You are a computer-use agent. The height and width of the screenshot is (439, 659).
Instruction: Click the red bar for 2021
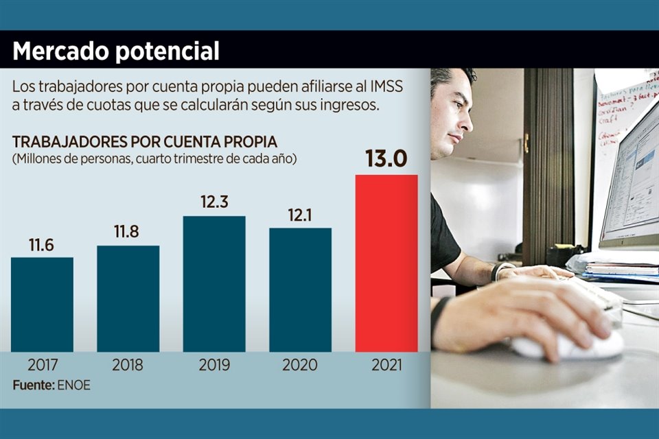pyautogui.click(x=386, y=263)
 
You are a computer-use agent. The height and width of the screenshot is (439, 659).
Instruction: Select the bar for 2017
pyautogui.click(x=42, y=305)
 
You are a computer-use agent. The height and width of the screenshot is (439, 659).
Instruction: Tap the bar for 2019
pyautogui.click(x=213, y=284)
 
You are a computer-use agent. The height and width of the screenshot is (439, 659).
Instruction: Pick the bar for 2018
pyautogui.click(x=128, y=298)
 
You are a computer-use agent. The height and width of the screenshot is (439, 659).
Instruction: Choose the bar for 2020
pyautogui.click(x=300, y=289)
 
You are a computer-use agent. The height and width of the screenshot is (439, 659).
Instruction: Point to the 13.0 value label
pyautogui.click(x=386, y=159)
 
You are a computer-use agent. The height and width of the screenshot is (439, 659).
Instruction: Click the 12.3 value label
pyautogui.click(x=213, y=203)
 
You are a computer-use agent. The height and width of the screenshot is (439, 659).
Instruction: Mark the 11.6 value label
pyautogui.click(x=42, y=244)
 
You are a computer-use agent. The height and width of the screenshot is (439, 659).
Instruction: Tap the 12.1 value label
pyautogui.click(x=300, y=215)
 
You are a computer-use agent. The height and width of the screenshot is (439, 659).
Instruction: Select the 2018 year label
pyautogui.click(x=128, y=365)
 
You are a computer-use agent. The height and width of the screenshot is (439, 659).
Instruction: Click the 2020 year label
pyautogui.click(x=300, y=365)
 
